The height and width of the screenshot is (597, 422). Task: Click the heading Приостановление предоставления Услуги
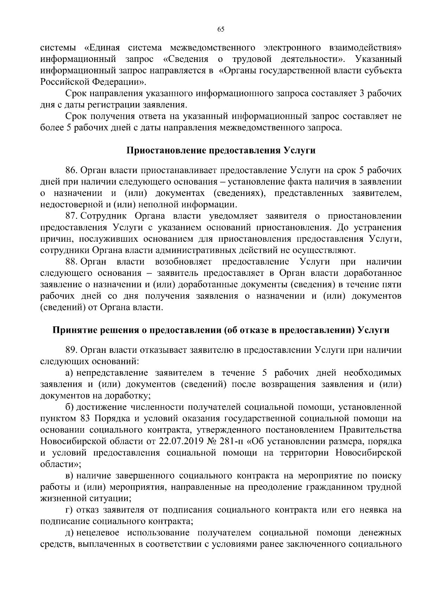click(x=221, y=151)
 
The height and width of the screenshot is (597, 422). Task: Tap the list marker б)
click(x=69, y=407)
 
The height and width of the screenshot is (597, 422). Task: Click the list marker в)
click(x=69, y=476)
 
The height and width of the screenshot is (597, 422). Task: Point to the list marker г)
click(x=69, y=510)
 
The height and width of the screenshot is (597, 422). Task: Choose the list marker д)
click(x=69, y=533)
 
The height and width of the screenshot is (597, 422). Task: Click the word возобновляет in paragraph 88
click(x=183, y=262)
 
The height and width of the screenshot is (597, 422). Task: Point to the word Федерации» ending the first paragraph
click(x=119, y=82)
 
